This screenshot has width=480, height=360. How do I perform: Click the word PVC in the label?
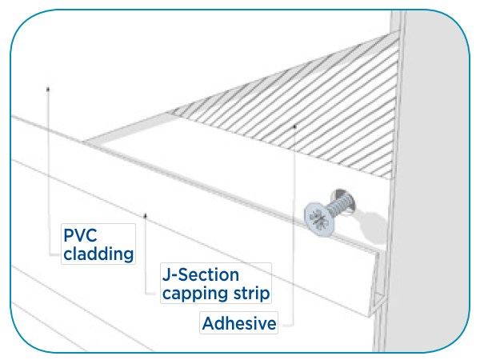click(82, 237)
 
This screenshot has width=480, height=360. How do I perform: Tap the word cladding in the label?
click(98, 254)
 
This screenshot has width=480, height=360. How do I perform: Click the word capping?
click(192, 293)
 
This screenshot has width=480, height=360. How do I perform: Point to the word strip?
click(248, 293)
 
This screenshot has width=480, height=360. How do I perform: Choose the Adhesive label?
click(239, 324)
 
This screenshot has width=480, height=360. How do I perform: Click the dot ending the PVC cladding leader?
click(50, 88)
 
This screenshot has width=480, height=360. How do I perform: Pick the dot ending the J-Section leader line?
click(145, 215)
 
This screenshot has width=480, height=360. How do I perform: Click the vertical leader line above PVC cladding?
click(50, 152)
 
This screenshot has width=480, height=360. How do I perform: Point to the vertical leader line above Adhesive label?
click(294, 224)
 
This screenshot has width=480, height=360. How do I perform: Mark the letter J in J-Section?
click(166, 274)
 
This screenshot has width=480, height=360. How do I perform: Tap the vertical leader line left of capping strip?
click(145, 256)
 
